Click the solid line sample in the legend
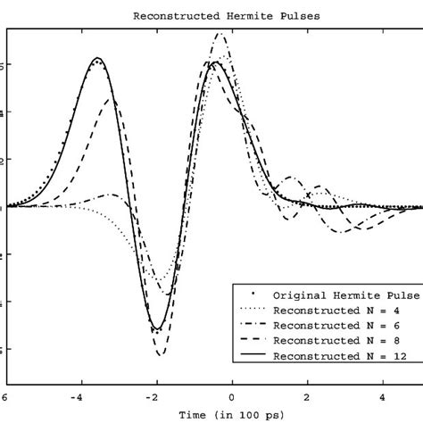click(248, 357)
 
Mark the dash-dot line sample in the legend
click(248, 325)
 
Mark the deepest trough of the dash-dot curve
click(161, 355)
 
